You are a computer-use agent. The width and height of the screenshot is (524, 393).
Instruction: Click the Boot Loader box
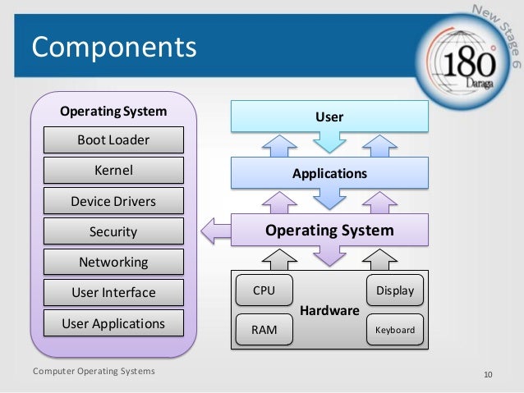(x=113, y=139)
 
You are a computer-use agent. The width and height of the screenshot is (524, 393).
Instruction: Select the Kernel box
(x=113, y=171)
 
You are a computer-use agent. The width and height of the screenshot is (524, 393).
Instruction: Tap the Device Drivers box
(x=113, y=201)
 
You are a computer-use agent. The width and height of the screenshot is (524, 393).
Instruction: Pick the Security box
(x=113, y=232)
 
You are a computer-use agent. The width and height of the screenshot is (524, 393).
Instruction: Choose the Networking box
(x=113, y=263)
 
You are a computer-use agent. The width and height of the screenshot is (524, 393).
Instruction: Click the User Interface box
(x=113, y=293)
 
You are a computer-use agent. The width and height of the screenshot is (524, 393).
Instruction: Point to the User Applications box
(x=113, y=323)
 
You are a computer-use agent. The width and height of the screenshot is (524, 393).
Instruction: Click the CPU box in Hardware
(x=264, y=290)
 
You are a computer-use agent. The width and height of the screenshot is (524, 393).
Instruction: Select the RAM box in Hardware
(x=264, y=330)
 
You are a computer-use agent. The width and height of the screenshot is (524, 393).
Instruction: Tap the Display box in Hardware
(x=394, y=290)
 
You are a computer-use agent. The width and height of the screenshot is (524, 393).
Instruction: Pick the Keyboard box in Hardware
(x=394, y=331)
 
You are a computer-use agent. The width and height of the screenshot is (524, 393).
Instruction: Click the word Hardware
(x=329, y=311)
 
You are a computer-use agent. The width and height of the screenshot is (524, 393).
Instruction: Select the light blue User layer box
(x=329, y=117)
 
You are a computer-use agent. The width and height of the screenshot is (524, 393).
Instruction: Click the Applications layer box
(x=329, y=174)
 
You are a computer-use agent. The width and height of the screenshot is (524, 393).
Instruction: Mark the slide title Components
(x=114, y=46)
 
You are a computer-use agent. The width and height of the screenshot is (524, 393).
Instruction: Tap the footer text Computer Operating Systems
(x=93, y=372)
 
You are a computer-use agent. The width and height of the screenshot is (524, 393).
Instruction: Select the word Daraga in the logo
(x=468, y=85)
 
